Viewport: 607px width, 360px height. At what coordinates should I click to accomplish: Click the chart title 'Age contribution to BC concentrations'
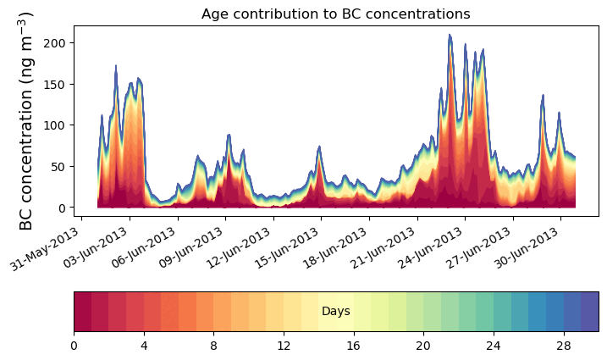335,14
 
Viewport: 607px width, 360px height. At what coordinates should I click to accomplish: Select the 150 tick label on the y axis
58,84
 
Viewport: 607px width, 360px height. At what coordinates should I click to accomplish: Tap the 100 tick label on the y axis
58,125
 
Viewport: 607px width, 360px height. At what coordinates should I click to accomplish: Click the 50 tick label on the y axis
61,166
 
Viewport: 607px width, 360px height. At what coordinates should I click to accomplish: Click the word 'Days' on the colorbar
336,312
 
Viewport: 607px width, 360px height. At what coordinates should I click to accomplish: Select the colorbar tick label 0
74,346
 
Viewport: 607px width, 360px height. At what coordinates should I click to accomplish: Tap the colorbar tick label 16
353,346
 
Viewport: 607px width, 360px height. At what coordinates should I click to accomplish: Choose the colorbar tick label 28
563,346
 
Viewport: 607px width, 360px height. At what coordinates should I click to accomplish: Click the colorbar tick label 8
213,346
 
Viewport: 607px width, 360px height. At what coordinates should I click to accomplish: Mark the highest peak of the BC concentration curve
450,35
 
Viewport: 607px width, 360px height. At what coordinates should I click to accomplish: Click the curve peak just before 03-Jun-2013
116,65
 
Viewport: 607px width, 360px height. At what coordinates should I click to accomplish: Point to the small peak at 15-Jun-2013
319,147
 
